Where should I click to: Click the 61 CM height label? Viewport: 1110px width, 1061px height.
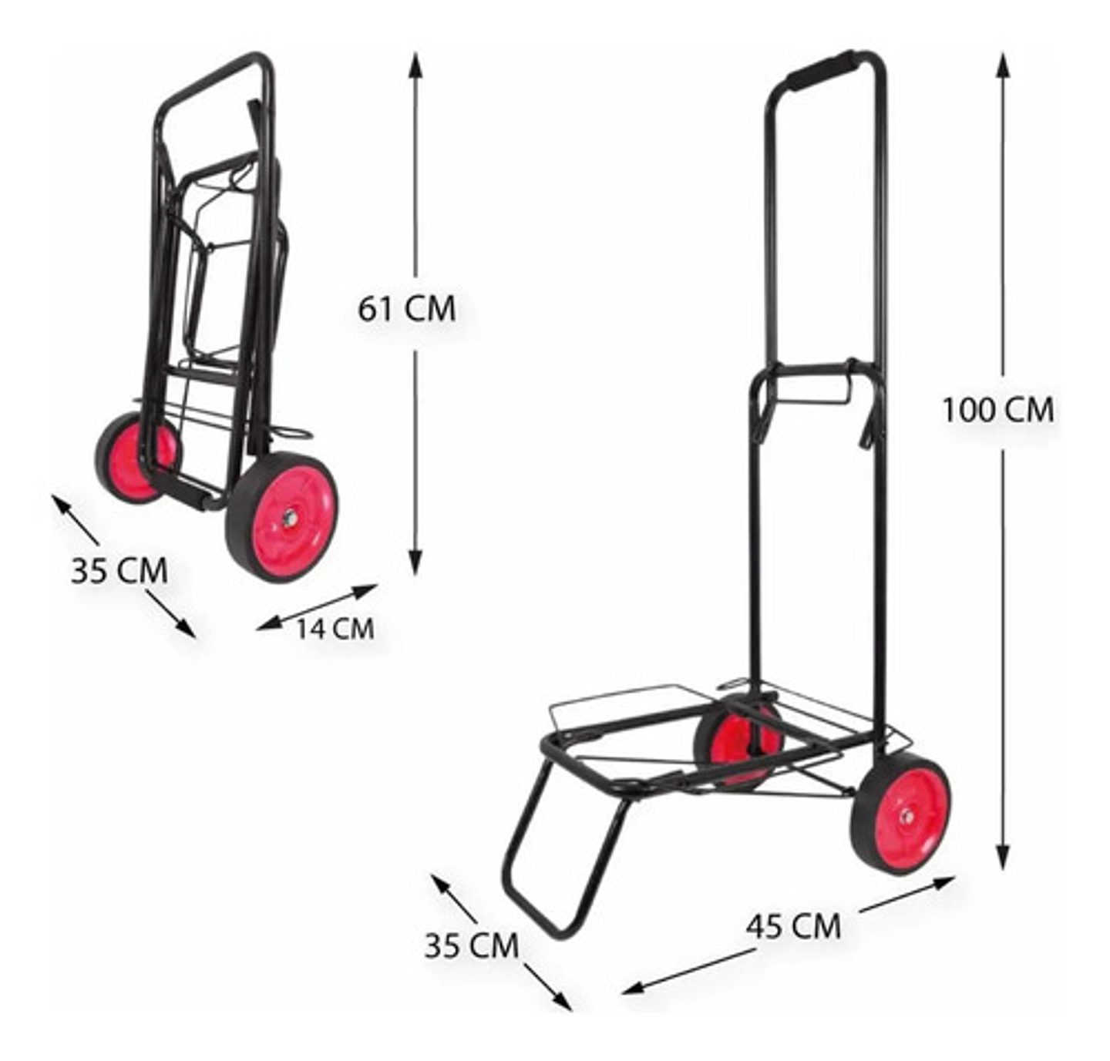(x=406, y=309)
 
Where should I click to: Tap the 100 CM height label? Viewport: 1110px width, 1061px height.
(x=997, y=410)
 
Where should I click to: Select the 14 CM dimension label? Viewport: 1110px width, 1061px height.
(x=335, y=629)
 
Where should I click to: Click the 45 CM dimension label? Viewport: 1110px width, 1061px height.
(x=793, y=925)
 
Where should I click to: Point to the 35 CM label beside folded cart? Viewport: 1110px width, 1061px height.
(x=119, y=571)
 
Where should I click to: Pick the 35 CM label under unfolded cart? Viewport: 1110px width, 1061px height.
(x=471, y=945)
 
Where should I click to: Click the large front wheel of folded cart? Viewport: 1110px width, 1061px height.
(x=283, y=518)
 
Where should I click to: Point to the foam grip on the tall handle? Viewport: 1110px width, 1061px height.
(x=822, y=70)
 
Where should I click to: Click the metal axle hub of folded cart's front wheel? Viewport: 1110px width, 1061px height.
(x=290, y=519)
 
